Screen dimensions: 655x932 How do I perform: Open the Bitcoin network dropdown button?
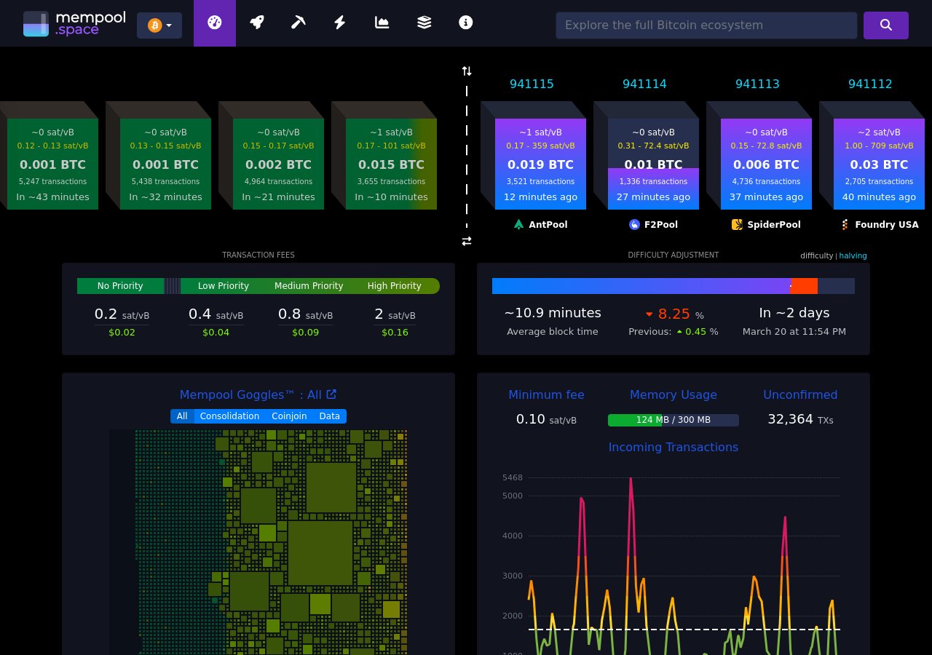159,25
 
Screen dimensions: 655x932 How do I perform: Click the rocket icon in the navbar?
256,23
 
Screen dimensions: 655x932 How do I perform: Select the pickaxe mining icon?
298,23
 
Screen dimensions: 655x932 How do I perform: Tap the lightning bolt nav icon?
339,23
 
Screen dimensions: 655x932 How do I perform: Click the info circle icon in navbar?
466,23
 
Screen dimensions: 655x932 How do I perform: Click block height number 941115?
532,84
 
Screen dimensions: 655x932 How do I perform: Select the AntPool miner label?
540,225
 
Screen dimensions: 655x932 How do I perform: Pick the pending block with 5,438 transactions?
165,164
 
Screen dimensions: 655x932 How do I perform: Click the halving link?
853,255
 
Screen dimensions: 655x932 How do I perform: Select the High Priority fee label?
394,286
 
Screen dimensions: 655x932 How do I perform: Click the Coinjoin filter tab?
289,416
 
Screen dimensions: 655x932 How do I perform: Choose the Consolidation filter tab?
229,416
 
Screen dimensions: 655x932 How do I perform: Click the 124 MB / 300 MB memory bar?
673,420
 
